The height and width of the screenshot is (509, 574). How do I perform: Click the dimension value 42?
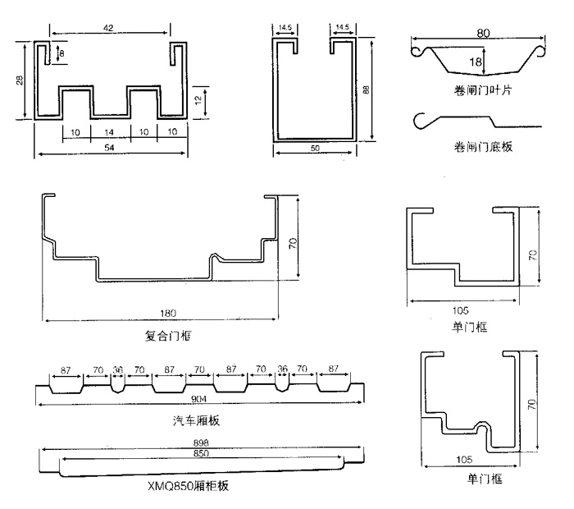[x=109, y=27]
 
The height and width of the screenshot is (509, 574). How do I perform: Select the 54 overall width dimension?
[x=109, y=149]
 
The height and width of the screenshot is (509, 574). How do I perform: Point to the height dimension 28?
[x=19, y=79]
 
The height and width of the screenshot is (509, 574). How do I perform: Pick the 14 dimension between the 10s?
[x=109, y=131]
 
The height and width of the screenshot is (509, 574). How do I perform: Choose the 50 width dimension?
[x=316, y=148]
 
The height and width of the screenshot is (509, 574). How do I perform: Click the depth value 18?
[x=476, y=60]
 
